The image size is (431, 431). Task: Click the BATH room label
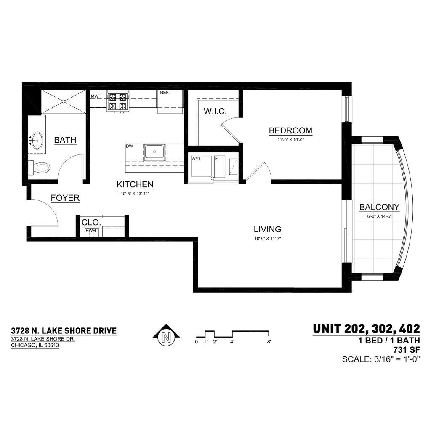(x=65, y=140)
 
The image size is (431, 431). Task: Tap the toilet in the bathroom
(x=39, y=167)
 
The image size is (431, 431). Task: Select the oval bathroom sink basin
(x=37, y=141)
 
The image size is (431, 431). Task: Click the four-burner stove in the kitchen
(x=118, y=101)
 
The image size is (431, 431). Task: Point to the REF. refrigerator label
(x=165, y=93)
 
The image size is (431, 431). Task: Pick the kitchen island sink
(x=154, y=152)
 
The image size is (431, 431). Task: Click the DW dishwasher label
(x=130, y=146)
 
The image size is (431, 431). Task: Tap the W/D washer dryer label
(x=195, y=159)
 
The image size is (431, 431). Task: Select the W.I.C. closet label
(x=215, y=111)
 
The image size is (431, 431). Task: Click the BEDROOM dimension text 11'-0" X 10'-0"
(x=290, y=140)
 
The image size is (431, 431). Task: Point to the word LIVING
(x=267, y=229)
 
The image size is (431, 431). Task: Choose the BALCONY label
(x=379, y=207)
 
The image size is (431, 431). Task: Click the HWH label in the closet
(x=90, y=231)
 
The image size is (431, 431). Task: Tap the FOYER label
(x=65, y=198)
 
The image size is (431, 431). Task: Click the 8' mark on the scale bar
(x=269, y=342)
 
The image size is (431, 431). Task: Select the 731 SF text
(x=407, y=350)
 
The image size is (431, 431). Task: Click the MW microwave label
(x=95, y=96)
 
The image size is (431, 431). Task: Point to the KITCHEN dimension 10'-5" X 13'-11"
(x=135, y=194)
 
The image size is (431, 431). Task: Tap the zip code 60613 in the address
(x=51, y=345)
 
